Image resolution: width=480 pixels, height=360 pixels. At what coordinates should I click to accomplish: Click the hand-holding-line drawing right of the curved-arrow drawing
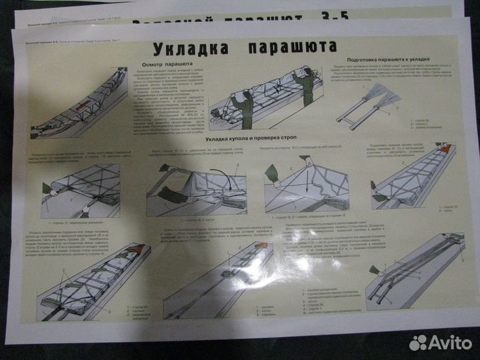pos(303,183)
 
